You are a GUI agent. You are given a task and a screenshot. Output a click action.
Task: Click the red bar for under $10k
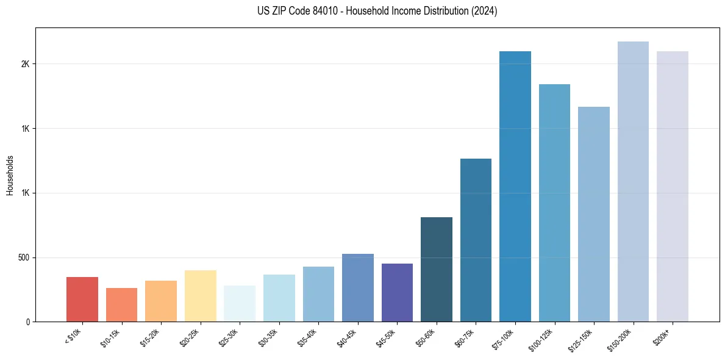[82, 299]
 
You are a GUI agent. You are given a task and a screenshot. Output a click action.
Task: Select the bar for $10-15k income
[121, 304]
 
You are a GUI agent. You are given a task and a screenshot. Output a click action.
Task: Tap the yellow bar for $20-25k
[201, 296]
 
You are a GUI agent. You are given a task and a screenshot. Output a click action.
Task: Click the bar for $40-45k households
[358, 287]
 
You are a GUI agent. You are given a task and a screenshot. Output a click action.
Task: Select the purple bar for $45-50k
[397, 292]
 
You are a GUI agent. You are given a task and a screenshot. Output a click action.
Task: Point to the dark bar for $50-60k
[437, 269]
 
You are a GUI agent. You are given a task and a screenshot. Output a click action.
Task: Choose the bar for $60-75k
[476, 240]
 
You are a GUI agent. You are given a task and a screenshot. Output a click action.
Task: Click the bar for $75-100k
[515, 186]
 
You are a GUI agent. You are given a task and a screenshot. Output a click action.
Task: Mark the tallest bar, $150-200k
[633, 181]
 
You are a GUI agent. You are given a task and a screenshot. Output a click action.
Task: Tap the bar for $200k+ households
[673, 186]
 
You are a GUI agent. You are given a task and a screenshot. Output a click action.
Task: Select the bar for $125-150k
[594, 214]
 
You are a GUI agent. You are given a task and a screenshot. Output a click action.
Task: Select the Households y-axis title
[10, 175]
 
